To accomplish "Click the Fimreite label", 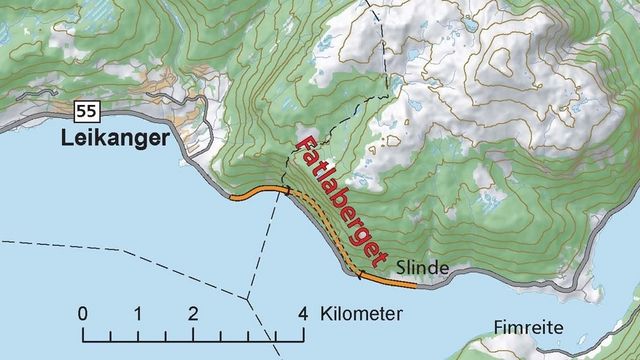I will coord(529,327).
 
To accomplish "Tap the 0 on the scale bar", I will coord(83,313).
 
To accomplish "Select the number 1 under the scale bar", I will coord(137,313).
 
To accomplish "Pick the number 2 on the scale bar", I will coord(192,313).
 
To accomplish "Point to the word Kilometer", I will coord(361,313).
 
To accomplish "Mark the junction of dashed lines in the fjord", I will coord(246,296).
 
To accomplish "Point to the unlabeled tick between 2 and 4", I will coord(247,331).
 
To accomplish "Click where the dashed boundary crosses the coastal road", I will coord(287,191).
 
